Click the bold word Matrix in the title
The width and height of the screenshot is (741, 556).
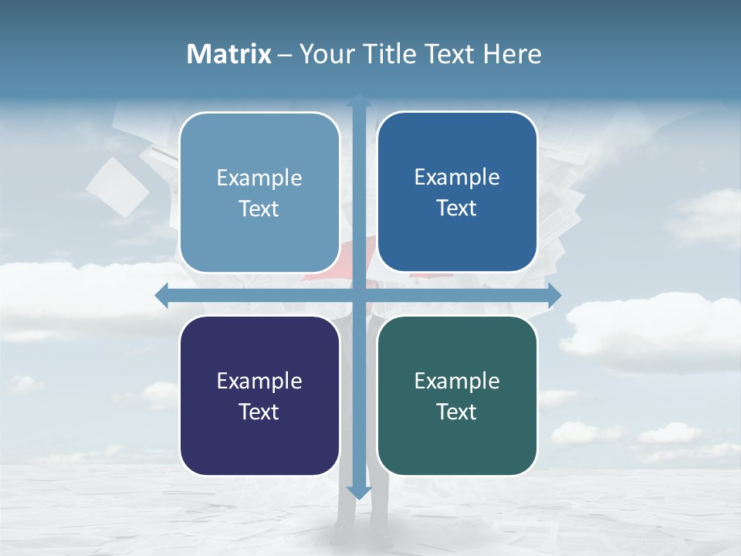tap(228, 54)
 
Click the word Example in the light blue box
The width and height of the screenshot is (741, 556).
tap(259, 178)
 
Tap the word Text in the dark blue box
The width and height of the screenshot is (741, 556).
tap(457, 208)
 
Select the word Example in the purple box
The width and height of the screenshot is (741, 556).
tap(259, 381)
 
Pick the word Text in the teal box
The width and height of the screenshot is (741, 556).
tap(457, 412)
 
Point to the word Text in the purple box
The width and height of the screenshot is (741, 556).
tap(259, 412)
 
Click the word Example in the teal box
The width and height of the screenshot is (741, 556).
tap(457, 381)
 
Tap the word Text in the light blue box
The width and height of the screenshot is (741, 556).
tap(259, 208)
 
